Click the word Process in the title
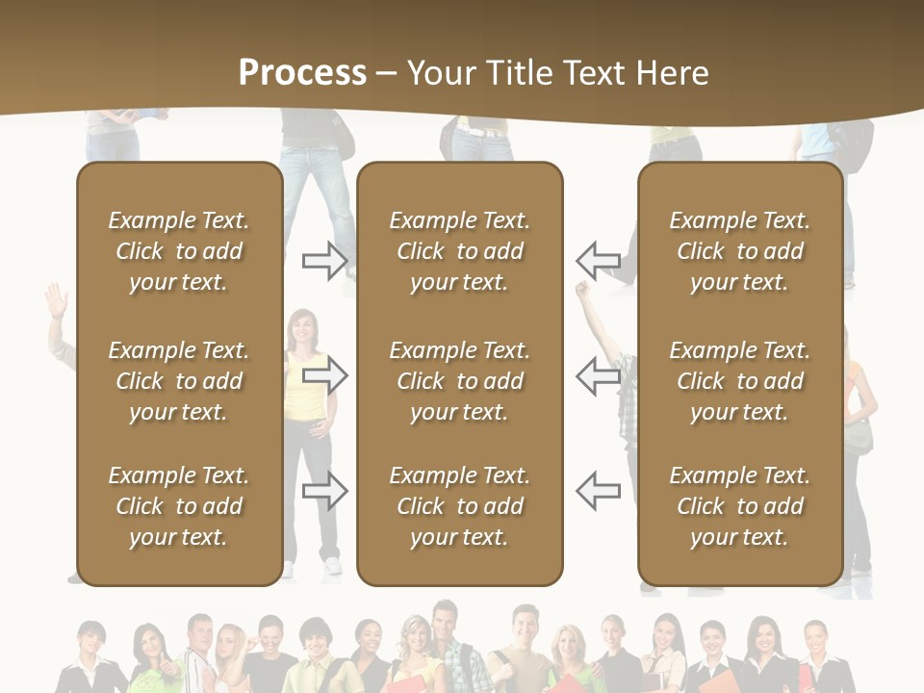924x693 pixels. [x=302, y=72]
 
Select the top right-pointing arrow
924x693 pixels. [x=325, y=260]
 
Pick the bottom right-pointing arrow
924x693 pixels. [x=325, y=491]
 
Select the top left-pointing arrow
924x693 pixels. [x=599, y=260]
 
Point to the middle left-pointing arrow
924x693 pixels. [x=599, y=374]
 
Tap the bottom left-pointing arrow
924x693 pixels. [x=599, y=491]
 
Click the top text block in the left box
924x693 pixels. [x=179, y=251]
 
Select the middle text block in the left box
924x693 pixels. [x=179, y=381]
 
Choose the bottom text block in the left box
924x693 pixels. [x=179, y=506]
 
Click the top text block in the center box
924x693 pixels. [x=460, y=251]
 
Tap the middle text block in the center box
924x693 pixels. [x=460, y=381]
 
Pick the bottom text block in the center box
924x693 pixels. [x=460, y=506]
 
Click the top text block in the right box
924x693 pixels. [x=740, y=251]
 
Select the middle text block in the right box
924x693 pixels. [x=740, y=381]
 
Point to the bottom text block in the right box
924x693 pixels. [x=740, y=506]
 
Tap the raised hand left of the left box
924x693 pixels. [x=56, y=298]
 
